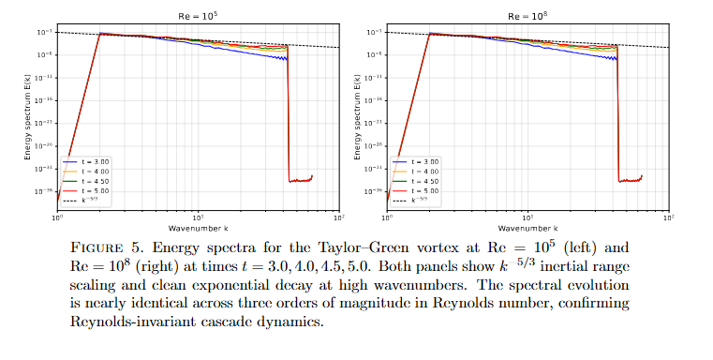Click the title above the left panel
point(197,16)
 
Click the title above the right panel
point(527,16)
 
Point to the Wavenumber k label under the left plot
point(197,228)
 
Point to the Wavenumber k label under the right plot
point(527,228)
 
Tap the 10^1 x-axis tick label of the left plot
point(197,217)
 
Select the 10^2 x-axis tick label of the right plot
point(667,217)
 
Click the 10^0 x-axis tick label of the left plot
point(57,217)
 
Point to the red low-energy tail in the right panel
point(629,179)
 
